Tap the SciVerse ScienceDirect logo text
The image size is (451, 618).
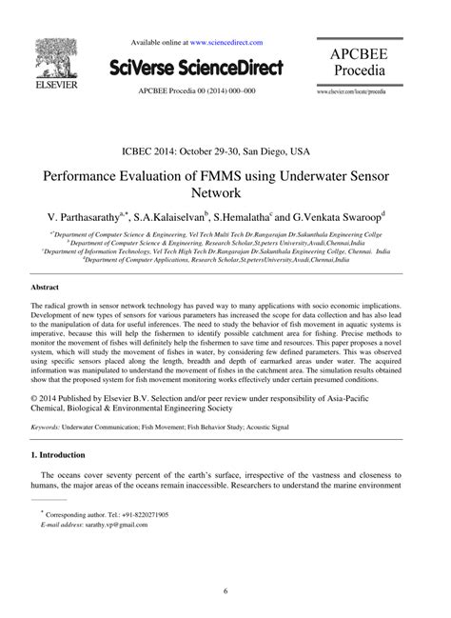click(x=197, y=68)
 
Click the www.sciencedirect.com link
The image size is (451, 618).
click(x=226, y=43)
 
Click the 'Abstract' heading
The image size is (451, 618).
click(x=46, y=287)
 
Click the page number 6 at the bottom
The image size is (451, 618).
click(x=225, y=590)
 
